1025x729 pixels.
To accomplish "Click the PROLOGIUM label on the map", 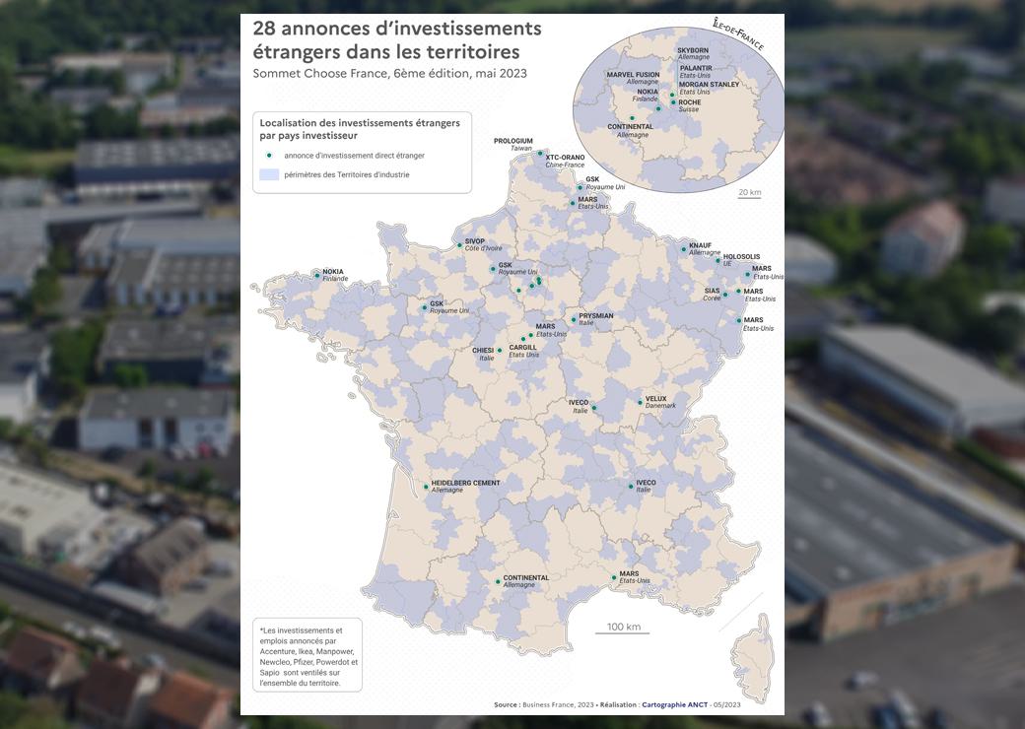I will [x=513, y=141].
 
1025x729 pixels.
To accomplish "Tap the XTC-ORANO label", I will [x=565, y=157].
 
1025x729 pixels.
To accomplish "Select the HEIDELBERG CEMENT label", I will [x=465, y=483].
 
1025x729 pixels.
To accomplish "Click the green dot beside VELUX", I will [x=640, y=402].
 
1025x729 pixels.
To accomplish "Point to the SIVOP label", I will [x=475, y=241].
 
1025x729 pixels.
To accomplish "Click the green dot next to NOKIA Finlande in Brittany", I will [x=317, y=275].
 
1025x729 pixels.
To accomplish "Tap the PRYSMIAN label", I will [x=596, y=316].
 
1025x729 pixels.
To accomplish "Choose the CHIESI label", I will [x=483, y=350].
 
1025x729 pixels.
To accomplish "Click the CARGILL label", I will [x=523, y=347].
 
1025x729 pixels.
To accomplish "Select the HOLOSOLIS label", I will [x=741, y=257].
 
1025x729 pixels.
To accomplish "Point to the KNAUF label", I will [x=700, y=245].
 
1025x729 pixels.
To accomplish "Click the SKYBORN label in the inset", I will [x=692, y=50].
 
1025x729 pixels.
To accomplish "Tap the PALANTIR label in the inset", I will [x=696, y=68].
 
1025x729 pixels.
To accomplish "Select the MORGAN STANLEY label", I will [x=709, y=85].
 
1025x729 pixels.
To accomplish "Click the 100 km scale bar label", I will [x=623, y=627].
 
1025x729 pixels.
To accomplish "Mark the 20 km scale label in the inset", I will [x=749, y=192].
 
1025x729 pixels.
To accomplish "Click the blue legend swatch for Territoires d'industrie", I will [x=268, y=174].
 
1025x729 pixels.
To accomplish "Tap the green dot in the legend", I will [x=268, y=155].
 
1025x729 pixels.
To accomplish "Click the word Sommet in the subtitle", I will [x=279, y=73].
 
